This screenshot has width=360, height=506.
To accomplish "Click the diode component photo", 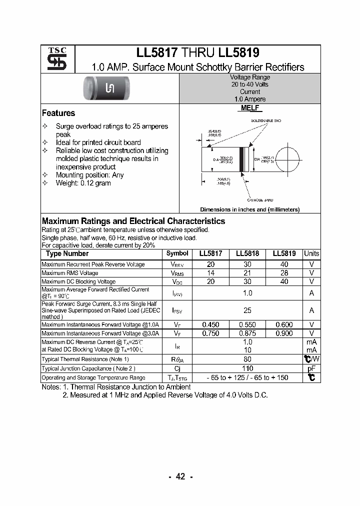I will pos(110,88).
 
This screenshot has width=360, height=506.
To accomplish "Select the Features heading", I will pos(58,113).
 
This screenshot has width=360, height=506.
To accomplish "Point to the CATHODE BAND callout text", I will pos(260,199).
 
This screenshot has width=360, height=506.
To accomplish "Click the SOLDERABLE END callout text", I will pos(266,121).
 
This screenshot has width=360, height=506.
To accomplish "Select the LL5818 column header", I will pos(247,254).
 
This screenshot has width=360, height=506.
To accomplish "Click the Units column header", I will pos(311,254).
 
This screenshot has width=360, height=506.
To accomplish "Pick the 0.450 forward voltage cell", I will pos(210,324).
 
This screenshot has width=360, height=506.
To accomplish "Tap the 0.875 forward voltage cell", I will pos(247,333).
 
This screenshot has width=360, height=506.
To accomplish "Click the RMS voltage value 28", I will pos(284,273).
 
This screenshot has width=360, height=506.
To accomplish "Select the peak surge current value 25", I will pos(247,310).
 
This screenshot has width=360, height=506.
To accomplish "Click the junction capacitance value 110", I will pos(247,368).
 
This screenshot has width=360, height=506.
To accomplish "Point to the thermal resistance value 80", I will pos(247,359).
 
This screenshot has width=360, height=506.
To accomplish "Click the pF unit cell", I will pos(311,368).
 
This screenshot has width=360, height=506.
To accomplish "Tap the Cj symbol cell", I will pos(177,368).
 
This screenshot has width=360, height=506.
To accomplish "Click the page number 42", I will pos(180,476).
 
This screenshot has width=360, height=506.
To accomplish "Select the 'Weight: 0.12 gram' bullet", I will pos(83,183).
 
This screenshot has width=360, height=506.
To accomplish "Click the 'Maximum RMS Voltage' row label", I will pos(69,273).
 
